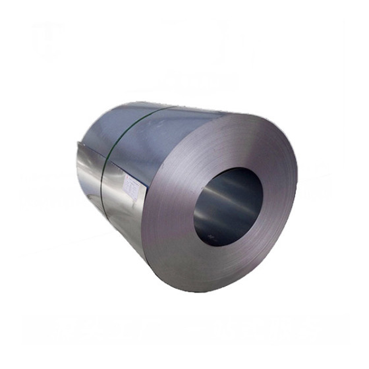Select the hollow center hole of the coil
tap(228, 206)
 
